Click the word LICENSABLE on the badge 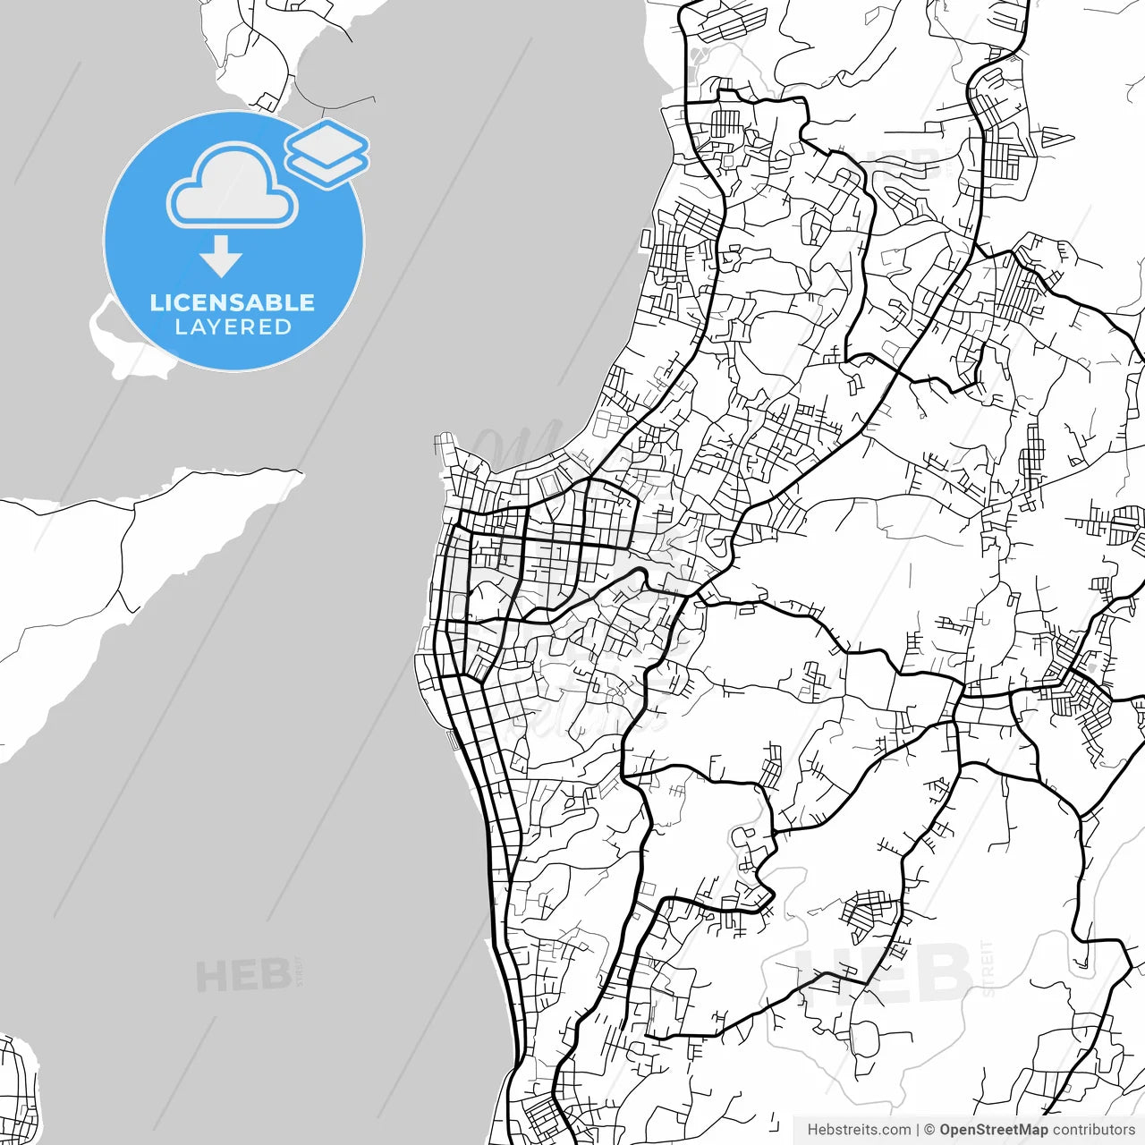[233, 302]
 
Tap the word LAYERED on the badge [233, 327]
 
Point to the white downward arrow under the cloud [221, 258]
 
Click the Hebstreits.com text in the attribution [859, 1130]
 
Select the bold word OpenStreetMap [994, 1130]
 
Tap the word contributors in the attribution [1093, 1130]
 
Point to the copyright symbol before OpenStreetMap [929, 1130]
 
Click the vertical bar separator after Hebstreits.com [919, 1130]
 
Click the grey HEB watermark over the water [242, 976]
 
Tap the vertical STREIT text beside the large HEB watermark [987, 968]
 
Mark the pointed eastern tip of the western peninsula [299, 472]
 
